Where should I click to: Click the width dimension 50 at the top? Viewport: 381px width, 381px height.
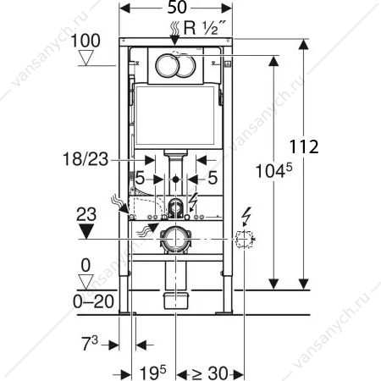(x=177, y=8)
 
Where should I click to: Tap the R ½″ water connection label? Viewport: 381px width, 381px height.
(x=205, y=28)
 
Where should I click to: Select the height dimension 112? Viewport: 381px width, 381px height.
(x=304, y=146)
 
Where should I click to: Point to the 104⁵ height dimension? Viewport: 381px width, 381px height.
(x=273, y=171)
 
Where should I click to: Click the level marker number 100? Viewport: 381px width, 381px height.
(x=86, y=41)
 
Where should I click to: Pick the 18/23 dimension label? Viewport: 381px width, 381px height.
(x=86, y=159)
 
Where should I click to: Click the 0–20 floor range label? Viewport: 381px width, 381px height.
(x=93, y=301)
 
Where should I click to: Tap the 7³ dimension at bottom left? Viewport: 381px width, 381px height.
(x=90, y=343)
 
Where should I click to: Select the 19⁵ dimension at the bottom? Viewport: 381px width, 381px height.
(x=153, y=373)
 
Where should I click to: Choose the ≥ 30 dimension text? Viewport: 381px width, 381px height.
(x=210, y=373)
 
